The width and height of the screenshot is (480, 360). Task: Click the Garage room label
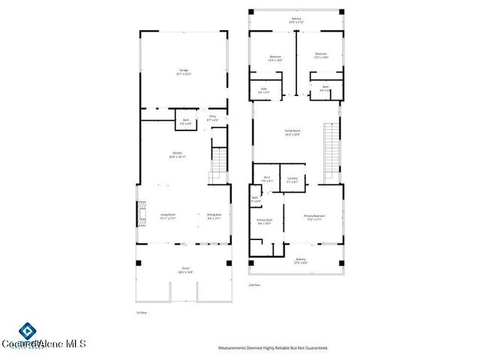click(184, 72)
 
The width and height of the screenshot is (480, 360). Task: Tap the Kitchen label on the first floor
click(177, 154)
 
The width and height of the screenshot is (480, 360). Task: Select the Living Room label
click(167, 216)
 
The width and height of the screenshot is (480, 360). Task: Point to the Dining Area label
click(214, 216)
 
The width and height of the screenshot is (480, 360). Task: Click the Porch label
click(184, 271)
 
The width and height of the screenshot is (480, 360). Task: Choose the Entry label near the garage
click(212, 117)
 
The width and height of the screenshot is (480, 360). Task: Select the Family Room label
click(292, 133)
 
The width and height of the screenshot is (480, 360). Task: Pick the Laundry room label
click(292, 179)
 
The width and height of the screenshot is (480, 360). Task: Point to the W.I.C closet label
click(266, 178)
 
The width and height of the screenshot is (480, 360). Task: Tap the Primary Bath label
click(265, 221)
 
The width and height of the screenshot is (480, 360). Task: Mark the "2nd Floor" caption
click(255, 285)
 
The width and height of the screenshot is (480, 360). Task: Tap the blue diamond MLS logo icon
click(28, 331)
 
